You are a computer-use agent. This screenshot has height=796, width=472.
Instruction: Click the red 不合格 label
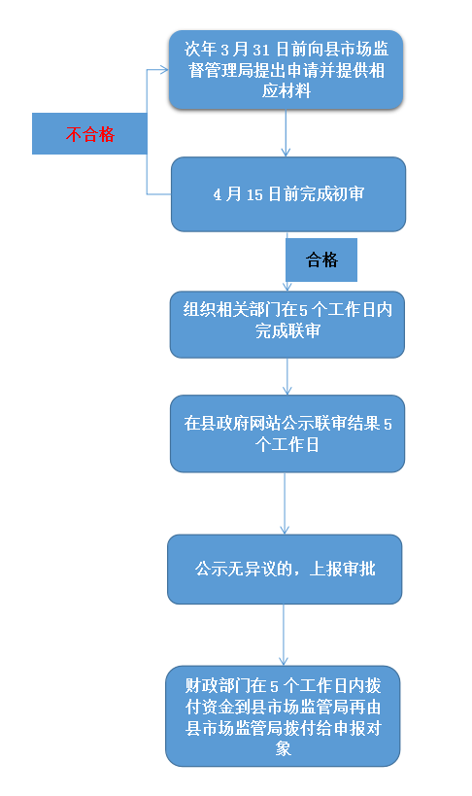pos(89,134)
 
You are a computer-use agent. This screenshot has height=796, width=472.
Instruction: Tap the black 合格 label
pos(321,260)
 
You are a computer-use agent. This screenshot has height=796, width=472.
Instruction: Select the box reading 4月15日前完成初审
pos(288,194)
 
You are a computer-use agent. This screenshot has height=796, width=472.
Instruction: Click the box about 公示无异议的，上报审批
pos(285,570)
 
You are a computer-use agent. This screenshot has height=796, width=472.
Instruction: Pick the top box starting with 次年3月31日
pos(287,70)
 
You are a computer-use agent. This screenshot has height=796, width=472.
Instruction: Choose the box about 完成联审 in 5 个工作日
pos(287,325)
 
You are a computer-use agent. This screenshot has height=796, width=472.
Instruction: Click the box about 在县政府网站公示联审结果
pos(287,434)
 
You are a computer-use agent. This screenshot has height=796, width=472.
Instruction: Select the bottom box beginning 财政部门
pos(283,716)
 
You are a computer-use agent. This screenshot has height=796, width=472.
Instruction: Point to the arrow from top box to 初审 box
pos(286,133)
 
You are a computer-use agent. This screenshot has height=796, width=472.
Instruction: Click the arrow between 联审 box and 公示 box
pos(287,377)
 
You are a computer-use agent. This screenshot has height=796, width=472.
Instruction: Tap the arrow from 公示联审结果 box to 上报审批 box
pos(285,503)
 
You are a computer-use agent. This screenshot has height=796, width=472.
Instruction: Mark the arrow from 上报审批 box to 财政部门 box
pos(284,635)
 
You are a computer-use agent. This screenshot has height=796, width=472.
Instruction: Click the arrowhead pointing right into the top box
pos(164,70)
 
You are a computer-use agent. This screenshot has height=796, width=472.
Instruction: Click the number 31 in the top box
pos(261,50)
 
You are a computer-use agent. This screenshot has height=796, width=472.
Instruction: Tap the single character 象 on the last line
pos(284,748)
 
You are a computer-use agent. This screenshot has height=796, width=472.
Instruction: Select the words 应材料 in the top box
pos(287,91)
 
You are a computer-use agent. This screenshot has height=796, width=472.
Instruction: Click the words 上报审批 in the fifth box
pos(343,570)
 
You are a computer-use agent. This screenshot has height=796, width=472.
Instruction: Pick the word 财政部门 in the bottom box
pos(218,686)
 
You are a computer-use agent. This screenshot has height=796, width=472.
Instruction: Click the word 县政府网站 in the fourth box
pos(241,424)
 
